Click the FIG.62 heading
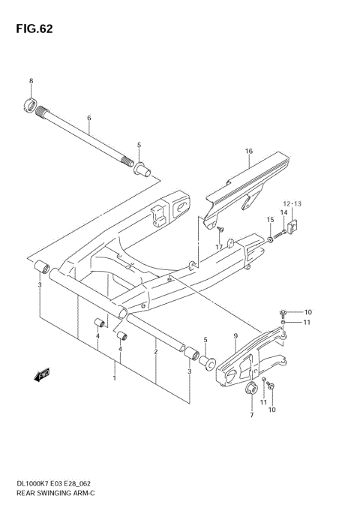click(x=31, y=30)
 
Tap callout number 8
click(x=31, y=81)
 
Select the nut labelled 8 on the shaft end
click(x=31, y=105)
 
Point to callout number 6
click(x=88, y=119)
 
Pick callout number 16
click(x=248, y=151)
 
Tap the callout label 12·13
click(x=291, y=203)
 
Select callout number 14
click(x=284, y=213)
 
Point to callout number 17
click(x=219, y=247)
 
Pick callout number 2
click(x=155, y=351)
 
